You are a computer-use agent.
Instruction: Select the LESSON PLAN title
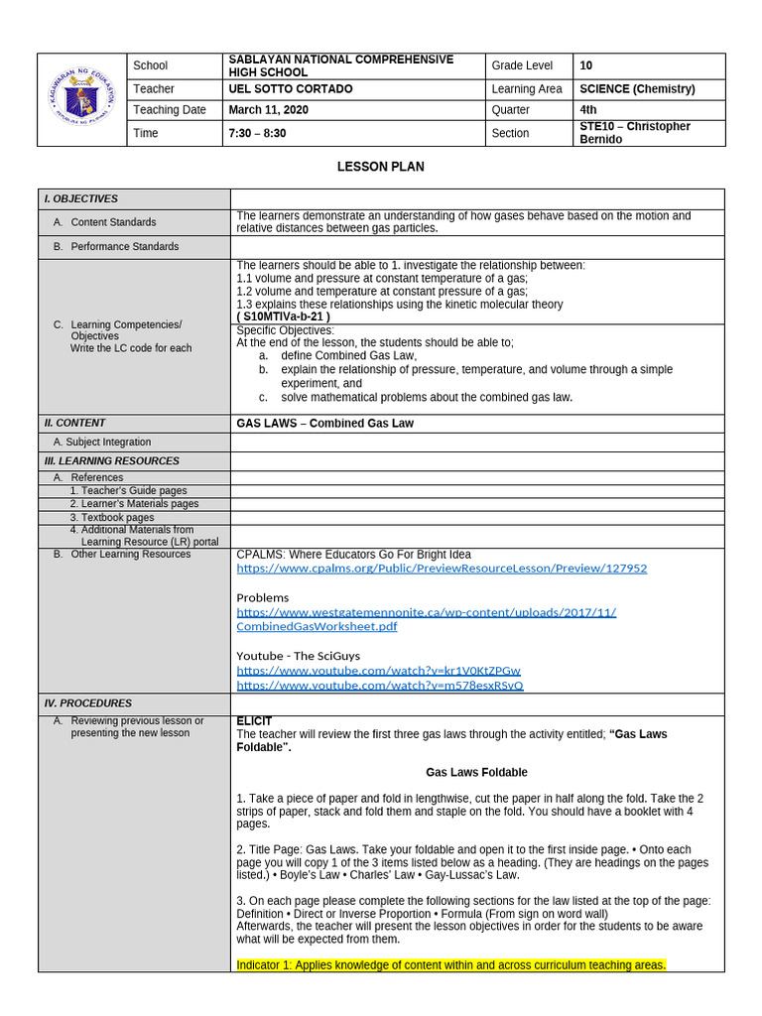[x=381, y=167]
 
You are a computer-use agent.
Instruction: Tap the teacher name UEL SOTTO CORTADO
[x=290, y=89]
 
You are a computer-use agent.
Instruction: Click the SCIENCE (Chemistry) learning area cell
[x=637, y=89]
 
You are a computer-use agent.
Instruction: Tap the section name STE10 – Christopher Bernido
[x=634, y=133]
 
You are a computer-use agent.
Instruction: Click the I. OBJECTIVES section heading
[x=80, y=198]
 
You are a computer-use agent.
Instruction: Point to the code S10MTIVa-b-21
[x=283, y=317]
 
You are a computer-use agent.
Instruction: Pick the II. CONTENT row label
[x=74, y=423]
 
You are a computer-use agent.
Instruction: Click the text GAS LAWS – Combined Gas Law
[x=324, y=423]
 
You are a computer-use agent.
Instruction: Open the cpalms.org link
[x=442, y=569]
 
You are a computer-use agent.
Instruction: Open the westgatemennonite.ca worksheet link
[x=427, y=619]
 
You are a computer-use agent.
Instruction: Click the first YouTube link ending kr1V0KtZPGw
[x=378, y=671]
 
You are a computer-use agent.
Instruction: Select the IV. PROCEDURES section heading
[x=81, y=702]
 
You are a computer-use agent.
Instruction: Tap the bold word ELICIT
[x=254, y=721]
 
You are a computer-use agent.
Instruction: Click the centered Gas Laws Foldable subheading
[x=476, y=772]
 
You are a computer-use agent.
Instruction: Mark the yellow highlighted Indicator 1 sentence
[x=451, y=964]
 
